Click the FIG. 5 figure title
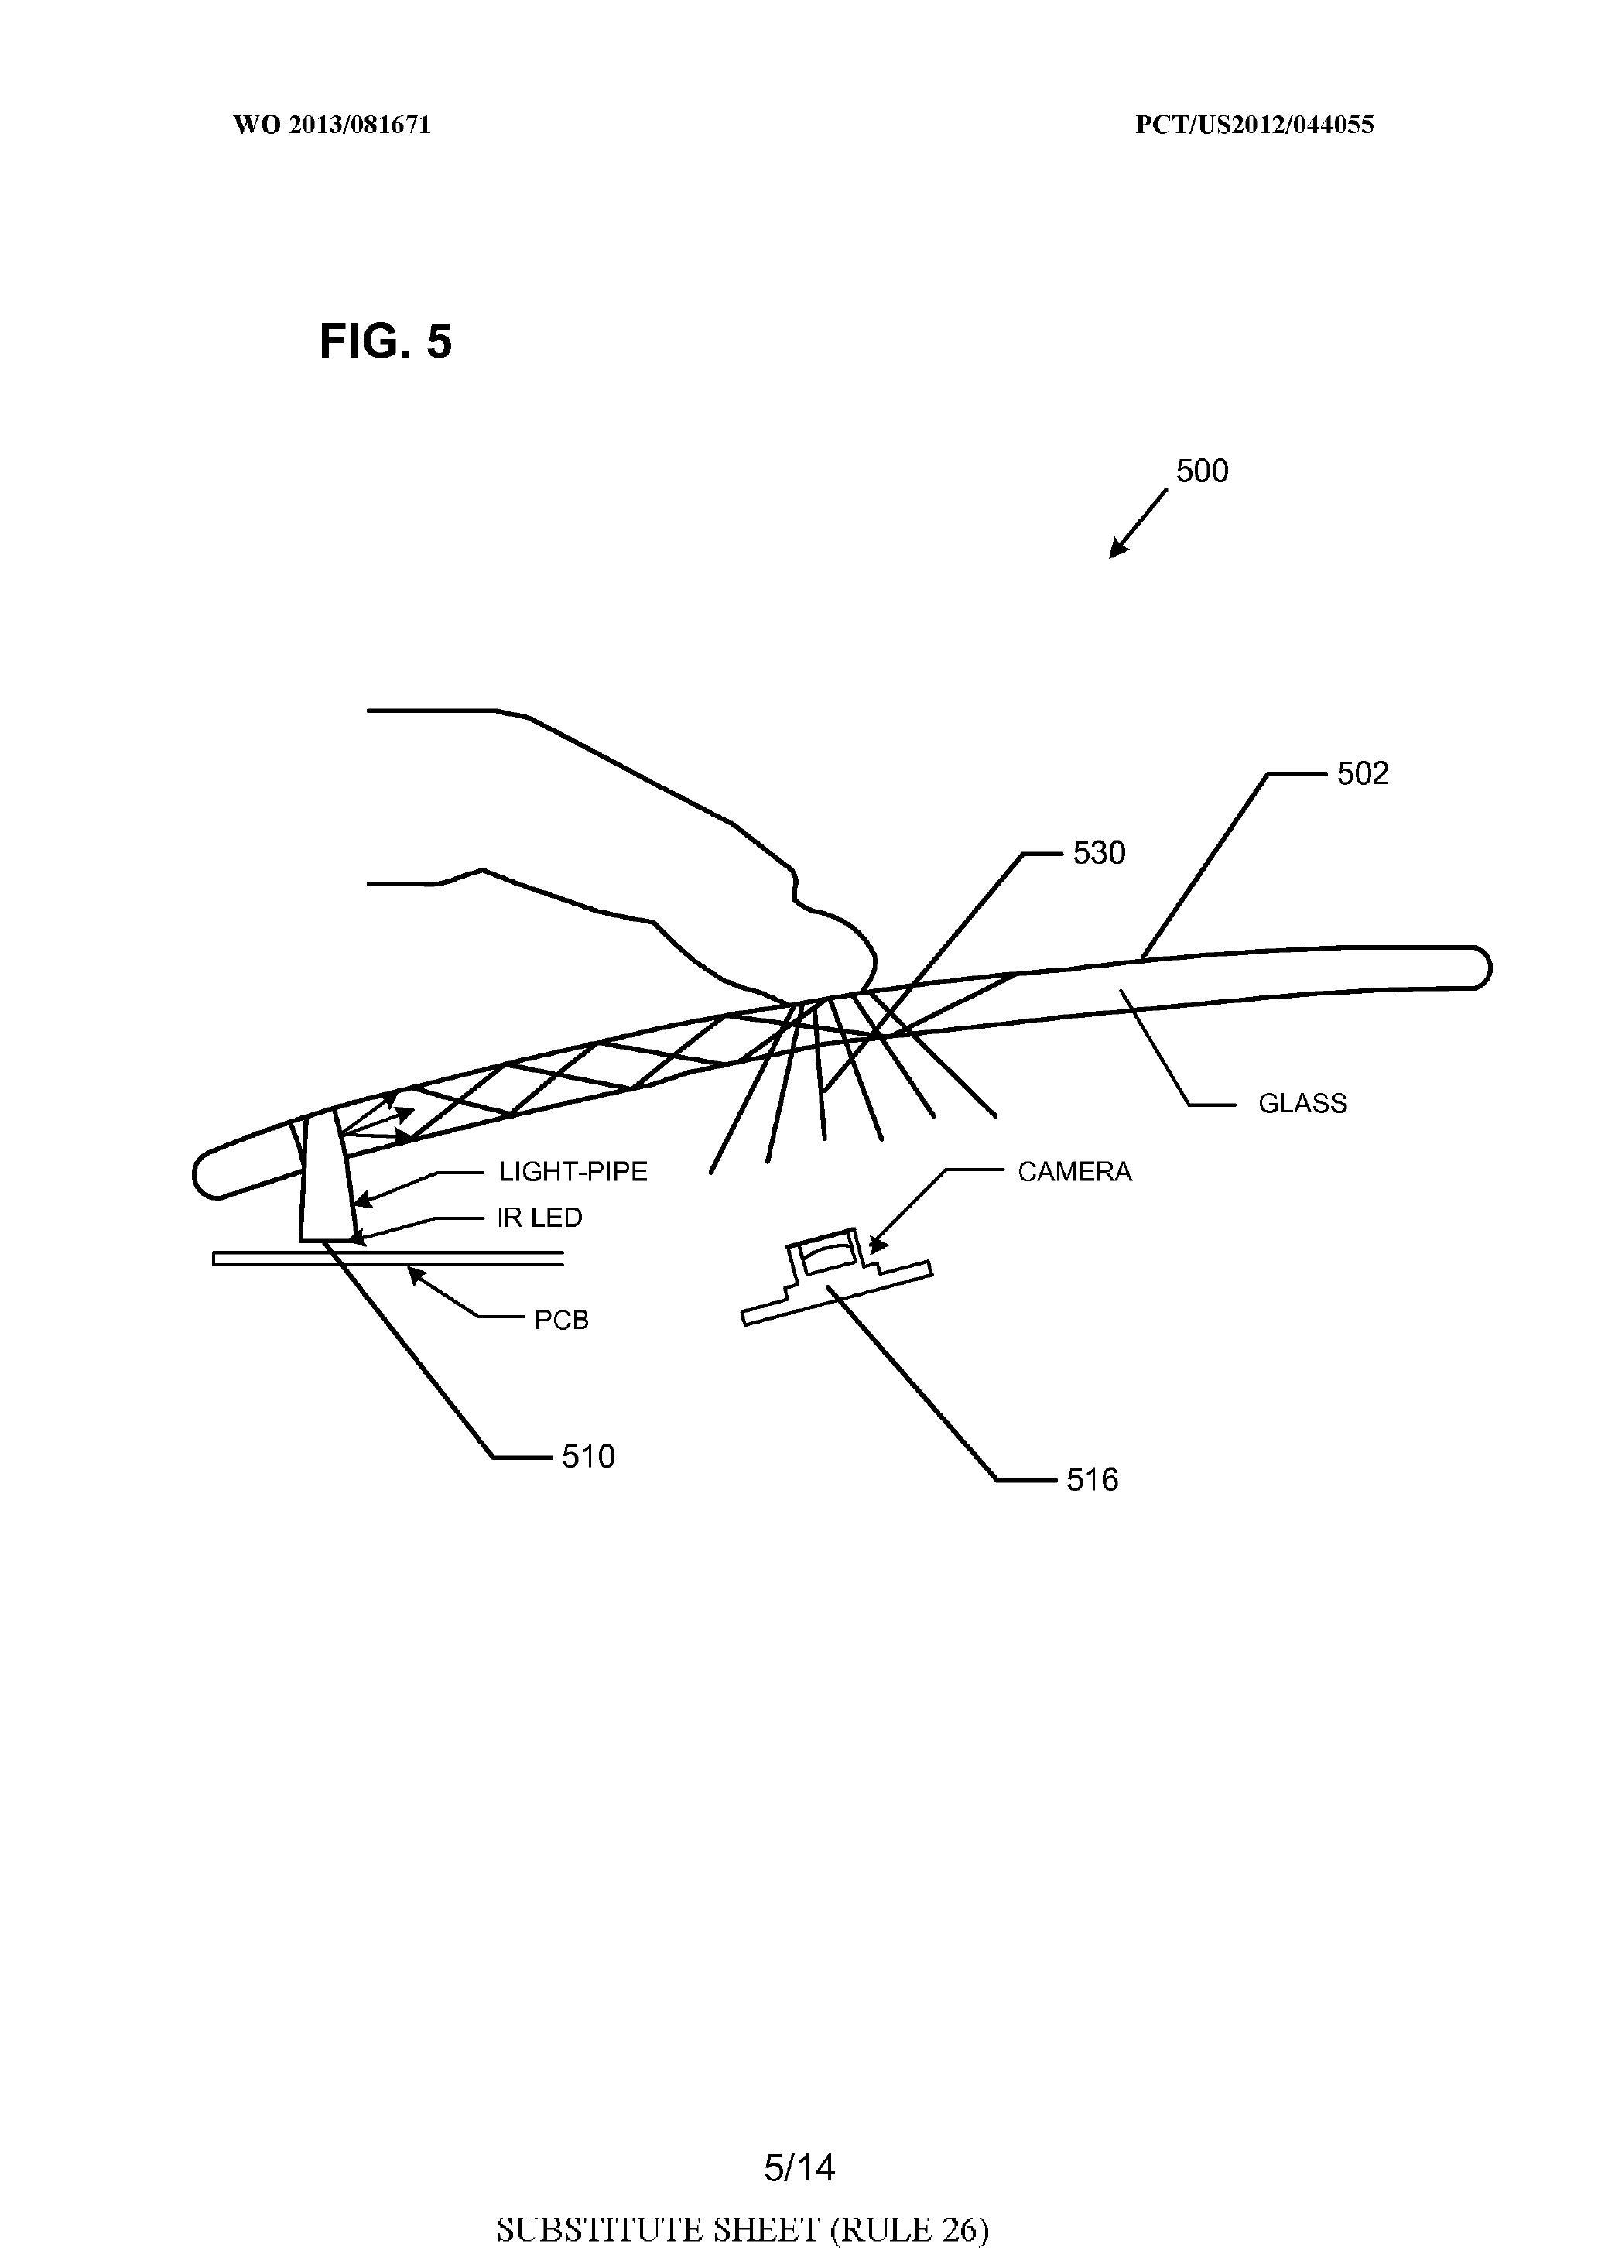pyautogui.click(x=386, y=341)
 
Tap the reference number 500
pyautogui.click(x=1203, y=471)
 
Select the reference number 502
pyautogui.click(x=1363, y=773)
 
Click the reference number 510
pyautogui.click(x=588, y=1455)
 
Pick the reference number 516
pyautogui.click(x=1093, y=1479)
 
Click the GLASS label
pyautogui.click(x=1302, y=1103)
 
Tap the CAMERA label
pyautogui.click(x=1074, y=1172)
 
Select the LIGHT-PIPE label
pyautogui.click(x=573, y=1172)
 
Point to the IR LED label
pyautogui.click(x=539, y=1218)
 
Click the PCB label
pyautogui.click(x=561, y=1320)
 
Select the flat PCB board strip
pyautogui.click(x=388, y=1258)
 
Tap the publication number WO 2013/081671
pyautogui.click(x=332, y=125)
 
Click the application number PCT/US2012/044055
pyautogui.click(x=1254, y=125)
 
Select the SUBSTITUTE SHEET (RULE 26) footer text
pyautogui.click(x=742, y=2228)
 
